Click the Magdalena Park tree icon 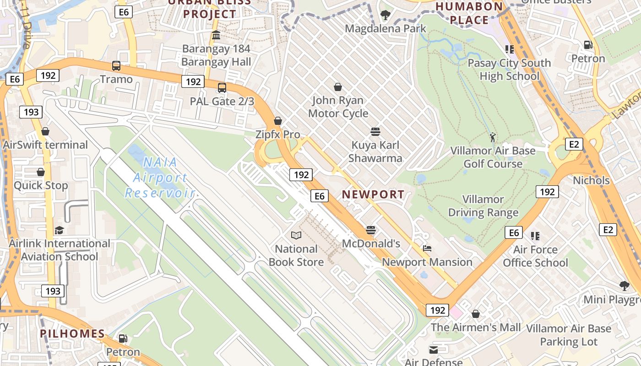pos(386,15)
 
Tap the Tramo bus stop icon pos(116,66)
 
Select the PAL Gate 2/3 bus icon pos(222,88)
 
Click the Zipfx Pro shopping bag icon pos(277,121)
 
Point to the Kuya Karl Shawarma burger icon pos(375,132)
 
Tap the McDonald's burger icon pos(371,230)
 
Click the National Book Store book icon pos(296,236)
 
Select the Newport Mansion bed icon pos(427,249)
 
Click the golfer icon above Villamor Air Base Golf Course pos(493,137)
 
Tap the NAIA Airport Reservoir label pos(160,178)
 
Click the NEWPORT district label pos(373,194)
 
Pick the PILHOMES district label pos(72,334)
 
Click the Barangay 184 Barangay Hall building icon pos(216,35)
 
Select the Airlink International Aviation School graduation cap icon pos(59,230)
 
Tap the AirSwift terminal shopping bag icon pos(45,132)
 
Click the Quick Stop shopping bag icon pos(41,172)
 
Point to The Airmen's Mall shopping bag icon pos(476,314)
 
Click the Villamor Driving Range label pos(483,206)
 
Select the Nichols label pos(591,180)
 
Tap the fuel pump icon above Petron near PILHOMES pos(123,339)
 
